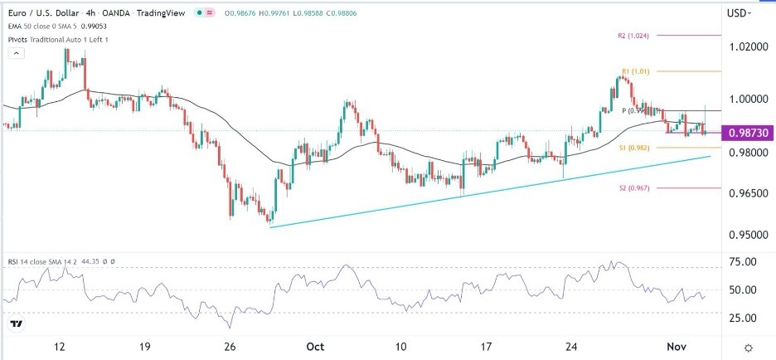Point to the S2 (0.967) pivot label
tap(633, 188)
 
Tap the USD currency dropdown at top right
tap(738, 12)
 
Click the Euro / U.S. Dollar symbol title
tap(49, 12)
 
